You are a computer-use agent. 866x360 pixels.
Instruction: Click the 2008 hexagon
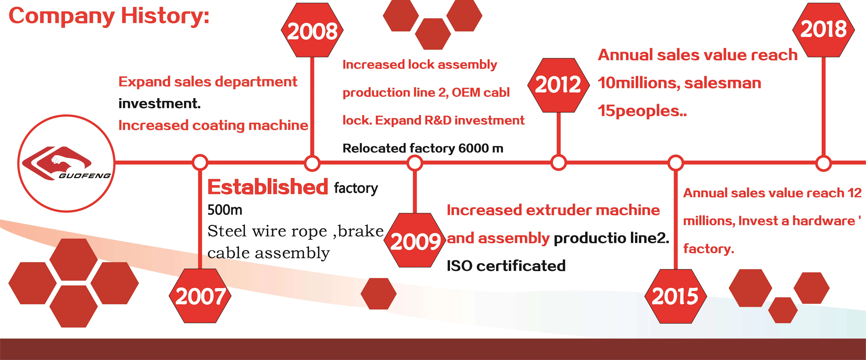pos(312,30)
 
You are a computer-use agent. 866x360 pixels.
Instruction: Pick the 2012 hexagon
pos(558,85)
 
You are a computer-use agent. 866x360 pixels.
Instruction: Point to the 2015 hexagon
pos(675,296)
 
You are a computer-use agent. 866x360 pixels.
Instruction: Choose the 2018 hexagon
pos(823,30)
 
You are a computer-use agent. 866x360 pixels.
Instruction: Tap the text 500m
pos(225,210)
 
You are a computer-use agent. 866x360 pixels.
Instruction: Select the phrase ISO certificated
pos(506,266)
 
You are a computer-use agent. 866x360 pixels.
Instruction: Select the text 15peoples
pos(642,111)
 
